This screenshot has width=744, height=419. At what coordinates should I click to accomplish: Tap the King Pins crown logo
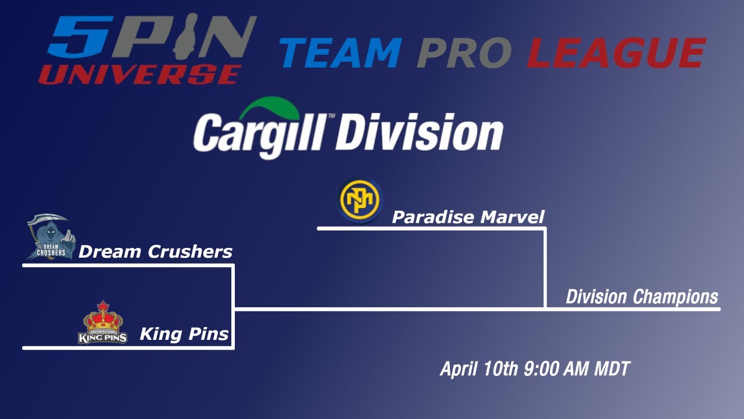point(103,324)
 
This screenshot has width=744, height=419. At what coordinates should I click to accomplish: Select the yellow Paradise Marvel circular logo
point(360,200)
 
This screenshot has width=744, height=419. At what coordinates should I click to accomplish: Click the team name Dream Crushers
point(155,252)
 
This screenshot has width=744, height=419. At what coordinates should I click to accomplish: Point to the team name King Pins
point(184,335)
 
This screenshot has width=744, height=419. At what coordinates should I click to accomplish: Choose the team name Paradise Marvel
point(468,218)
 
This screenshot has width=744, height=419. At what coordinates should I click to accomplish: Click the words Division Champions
point(642,297)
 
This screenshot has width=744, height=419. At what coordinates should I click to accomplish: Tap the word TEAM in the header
point(341,53)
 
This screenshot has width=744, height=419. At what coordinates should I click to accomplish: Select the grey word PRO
point(464,53)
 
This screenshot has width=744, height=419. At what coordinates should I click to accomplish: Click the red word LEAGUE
point(616,53)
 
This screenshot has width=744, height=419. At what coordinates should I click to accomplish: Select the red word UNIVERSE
point(140,74)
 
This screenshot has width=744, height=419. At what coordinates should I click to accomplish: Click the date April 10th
point(478,369)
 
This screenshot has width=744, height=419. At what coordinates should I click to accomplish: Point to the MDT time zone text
point(612,369)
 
